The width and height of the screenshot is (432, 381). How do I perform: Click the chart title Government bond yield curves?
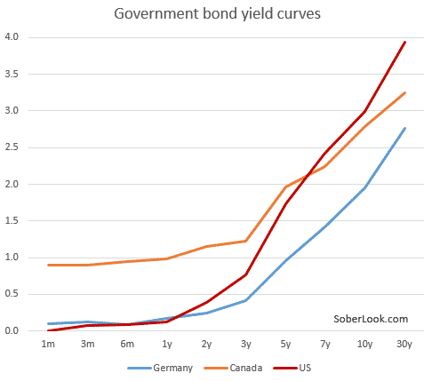[215, 15]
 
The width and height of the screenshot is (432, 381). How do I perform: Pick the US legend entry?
[291, 366]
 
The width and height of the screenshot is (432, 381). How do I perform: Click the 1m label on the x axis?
[48, 345]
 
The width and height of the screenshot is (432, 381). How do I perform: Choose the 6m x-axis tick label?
[127, 345]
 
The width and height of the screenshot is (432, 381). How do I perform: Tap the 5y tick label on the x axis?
[285, 345]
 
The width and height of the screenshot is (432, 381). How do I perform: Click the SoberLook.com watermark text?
[371, 318]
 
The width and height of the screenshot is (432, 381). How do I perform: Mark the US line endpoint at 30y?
[405, 42]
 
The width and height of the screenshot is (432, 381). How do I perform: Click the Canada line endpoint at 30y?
[405, 92]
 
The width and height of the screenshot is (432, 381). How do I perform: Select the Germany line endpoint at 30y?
[405, 128]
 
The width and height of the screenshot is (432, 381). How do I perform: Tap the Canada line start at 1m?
[48, 265]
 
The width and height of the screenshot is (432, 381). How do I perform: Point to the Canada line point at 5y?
[285, 187]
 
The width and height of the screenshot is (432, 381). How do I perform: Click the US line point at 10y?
[365, 111]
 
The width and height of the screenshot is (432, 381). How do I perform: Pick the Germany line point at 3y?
[245, 300]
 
